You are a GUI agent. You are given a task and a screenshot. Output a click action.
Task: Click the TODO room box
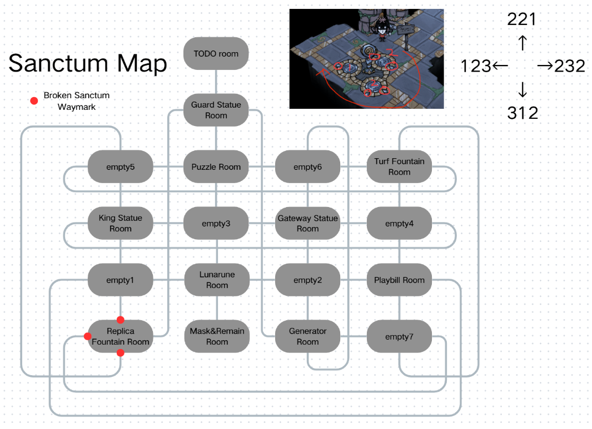216,54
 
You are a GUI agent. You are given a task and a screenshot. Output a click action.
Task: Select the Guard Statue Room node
216,110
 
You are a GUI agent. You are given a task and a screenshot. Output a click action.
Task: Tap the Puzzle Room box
216,166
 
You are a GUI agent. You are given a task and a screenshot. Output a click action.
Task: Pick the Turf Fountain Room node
399,166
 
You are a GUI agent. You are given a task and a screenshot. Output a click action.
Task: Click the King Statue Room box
121,223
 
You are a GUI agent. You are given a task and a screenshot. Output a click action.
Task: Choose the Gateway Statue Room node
307,223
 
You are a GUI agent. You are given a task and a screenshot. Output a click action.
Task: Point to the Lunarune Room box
217,280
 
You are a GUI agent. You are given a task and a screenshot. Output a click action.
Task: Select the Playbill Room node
399,280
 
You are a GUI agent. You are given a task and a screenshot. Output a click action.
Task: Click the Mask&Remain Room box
217,336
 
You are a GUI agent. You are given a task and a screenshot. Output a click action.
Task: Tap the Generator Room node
307,336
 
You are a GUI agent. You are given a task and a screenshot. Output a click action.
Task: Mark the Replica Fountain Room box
121,336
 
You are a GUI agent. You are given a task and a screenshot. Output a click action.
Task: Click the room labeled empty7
399,336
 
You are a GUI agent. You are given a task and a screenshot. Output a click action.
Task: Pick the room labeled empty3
216,223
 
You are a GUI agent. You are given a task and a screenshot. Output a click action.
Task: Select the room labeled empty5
121,166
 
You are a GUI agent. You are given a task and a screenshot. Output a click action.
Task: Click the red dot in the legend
34,100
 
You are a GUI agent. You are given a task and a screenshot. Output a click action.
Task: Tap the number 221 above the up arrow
522,20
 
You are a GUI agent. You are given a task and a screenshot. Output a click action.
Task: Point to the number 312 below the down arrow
523,113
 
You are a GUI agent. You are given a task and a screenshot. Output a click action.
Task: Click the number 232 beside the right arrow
569,67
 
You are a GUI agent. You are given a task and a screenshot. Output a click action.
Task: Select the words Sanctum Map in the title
88,63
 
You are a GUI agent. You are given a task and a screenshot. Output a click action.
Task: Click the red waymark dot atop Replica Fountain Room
121,320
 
